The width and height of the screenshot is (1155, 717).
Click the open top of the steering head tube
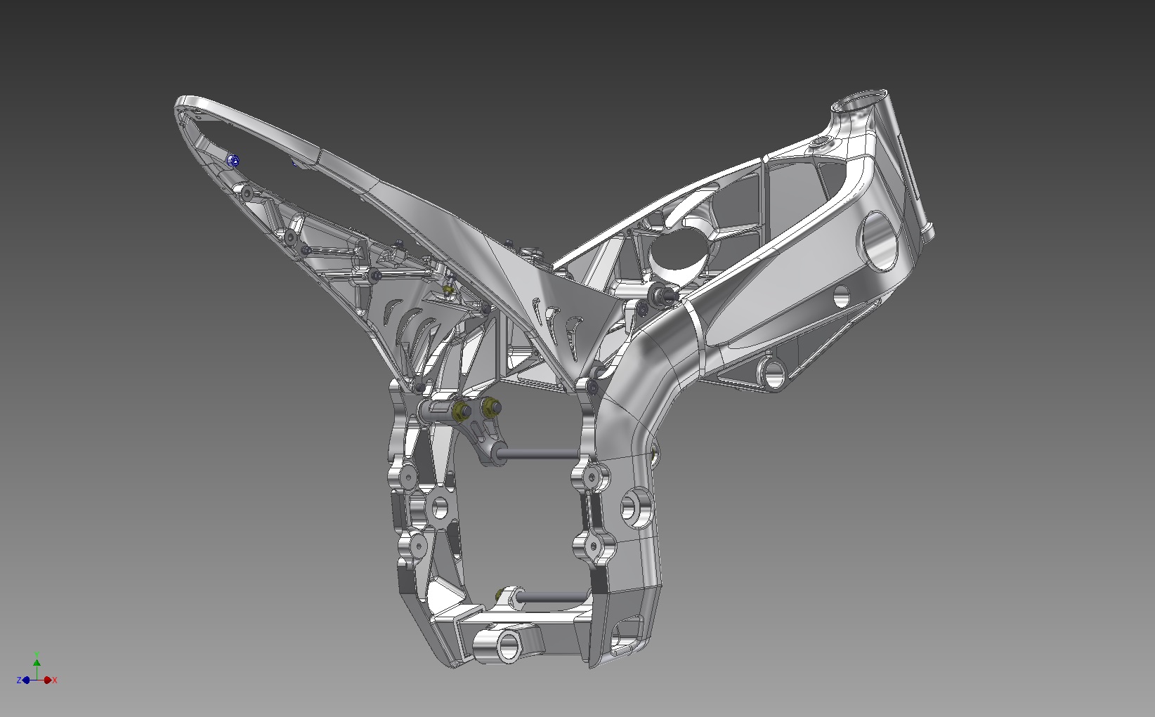click(x=859, y=100)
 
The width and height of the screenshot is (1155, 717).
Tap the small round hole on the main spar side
click(x=841, y=296)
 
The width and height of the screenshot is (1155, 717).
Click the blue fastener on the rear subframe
click(x=233, y=162)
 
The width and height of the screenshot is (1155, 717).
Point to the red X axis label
click(x=56, y=680)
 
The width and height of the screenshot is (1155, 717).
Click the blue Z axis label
click(x=18, y=680)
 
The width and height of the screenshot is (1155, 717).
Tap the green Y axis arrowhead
click(x=37, y=662)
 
